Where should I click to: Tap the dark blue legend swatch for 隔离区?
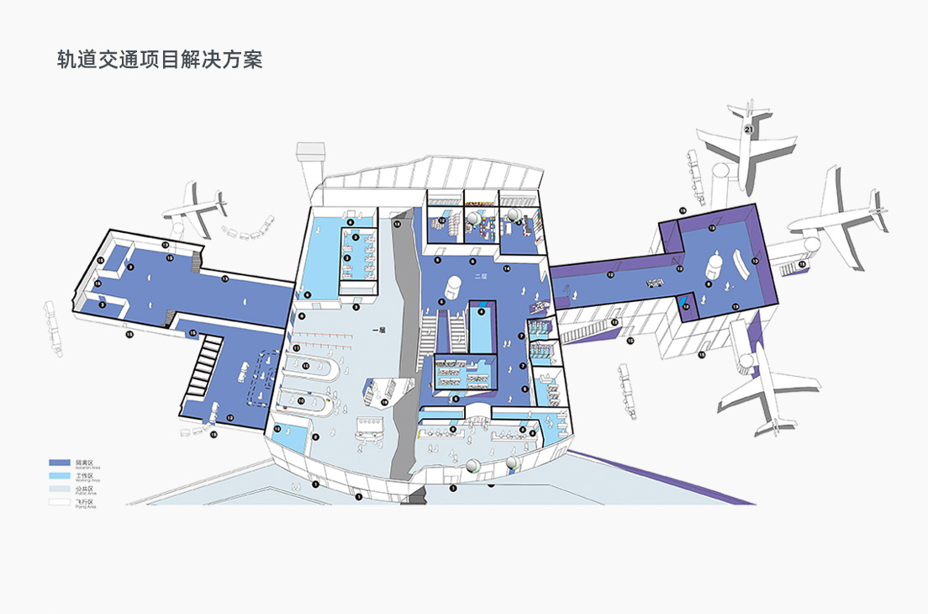[59, 463]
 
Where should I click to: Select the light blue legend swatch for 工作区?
[59, 475]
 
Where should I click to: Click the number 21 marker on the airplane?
[748, 130]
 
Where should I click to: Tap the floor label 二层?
[481, 276]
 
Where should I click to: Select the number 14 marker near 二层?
[507, 268]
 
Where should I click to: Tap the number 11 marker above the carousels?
[296, 347]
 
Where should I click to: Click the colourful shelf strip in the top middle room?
[480, 203]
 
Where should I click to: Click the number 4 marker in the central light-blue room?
[482, 311]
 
